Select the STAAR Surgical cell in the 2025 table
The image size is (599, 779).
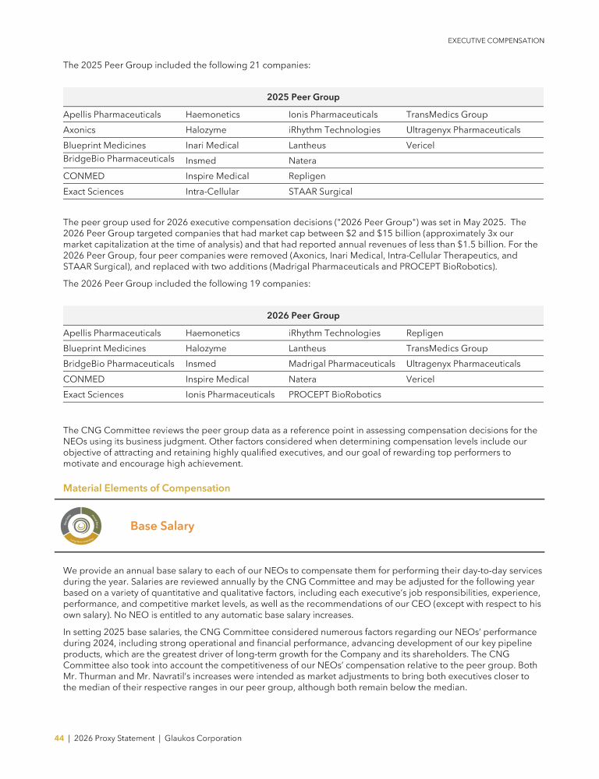click(x=321, y=191)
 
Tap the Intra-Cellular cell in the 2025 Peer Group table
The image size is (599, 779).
click(x=212, y=191)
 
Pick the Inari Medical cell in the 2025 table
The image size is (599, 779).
click(x=212, y=146)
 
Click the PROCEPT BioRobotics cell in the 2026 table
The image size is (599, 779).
click(x=335, y=394)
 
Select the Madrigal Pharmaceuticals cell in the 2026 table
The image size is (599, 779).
click(x=342, y=364)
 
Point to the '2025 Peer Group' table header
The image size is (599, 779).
click(x=303, y=97)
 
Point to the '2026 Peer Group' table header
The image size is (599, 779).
click(x=303, y=315)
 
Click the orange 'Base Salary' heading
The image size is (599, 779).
click(x=162, y=527)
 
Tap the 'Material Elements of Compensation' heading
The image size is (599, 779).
click(x=147, y=488)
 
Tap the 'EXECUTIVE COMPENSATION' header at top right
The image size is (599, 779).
click(x=496, y=41)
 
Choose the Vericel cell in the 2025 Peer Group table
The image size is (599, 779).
click(x=420, y=146)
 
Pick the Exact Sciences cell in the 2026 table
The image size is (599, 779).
click(x=93, y=394)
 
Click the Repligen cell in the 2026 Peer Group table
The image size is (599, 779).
click(x=424, y=333)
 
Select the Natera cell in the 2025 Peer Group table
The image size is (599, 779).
click(x=303, y=160)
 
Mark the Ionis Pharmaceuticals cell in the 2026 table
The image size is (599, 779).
click(x=230, y=394)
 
